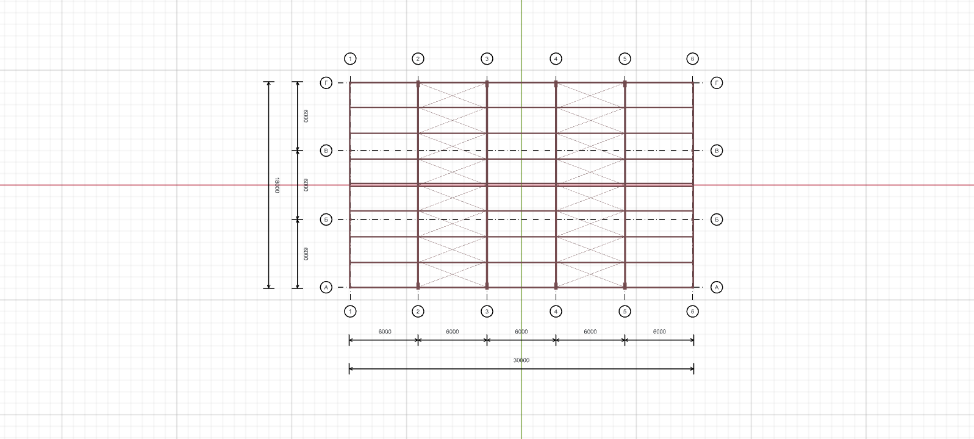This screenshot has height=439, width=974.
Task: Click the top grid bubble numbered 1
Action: pyautogui.click(x=350, y=59)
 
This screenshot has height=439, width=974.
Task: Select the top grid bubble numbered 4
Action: pyautogui.click(x=556, y=59)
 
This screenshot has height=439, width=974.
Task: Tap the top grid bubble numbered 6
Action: pyautogui.click(x=693, y=59)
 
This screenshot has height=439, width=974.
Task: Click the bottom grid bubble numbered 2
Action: pyautogui.click(x=418, y=311)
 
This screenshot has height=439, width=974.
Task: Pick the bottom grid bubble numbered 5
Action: pyautogui.click(x=625, y=311)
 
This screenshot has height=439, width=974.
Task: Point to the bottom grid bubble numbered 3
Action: pyautogui.click(x=487, y=311)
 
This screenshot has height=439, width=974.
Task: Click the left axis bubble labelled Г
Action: pyautogui.click(x=326, y=82)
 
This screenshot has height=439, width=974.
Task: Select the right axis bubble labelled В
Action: pyautogui.click(x=717, y=151)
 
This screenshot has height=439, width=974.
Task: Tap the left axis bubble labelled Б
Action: pyautogui.click(x=326, y=220)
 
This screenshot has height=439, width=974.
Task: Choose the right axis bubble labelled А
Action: pyautogui.click(x=717, y=287)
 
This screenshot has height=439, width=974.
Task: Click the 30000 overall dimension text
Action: pyautogui.click(x=521, y=360)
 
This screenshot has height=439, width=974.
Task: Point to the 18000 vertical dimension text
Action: pyautogui.click(x=277, y=185)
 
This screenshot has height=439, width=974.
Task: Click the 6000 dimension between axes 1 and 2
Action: pyautogui.click(x=385, y=332)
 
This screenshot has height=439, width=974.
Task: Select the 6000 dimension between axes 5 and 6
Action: pyautogui.click(x=659, y=332)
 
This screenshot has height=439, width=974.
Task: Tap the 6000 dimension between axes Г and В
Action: pyautogui.click(x=306, y=116)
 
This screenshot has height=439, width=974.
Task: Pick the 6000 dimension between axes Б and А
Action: pyautogui.click(x=306, y=254)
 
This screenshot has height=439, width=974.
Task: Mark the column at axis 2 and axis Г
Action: pyautogui.click(x=418, y=84)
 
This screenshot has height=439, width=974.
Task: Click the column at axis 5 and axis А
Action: pyautogui.click(x=625, y=285)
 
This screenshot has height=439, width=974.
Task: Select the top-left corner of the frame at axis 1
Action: pyautogui.click(x=350, y=82)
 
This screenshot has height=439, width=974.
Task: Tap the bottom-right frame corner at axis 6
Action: pyautogui.click(x=693, y=287)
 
